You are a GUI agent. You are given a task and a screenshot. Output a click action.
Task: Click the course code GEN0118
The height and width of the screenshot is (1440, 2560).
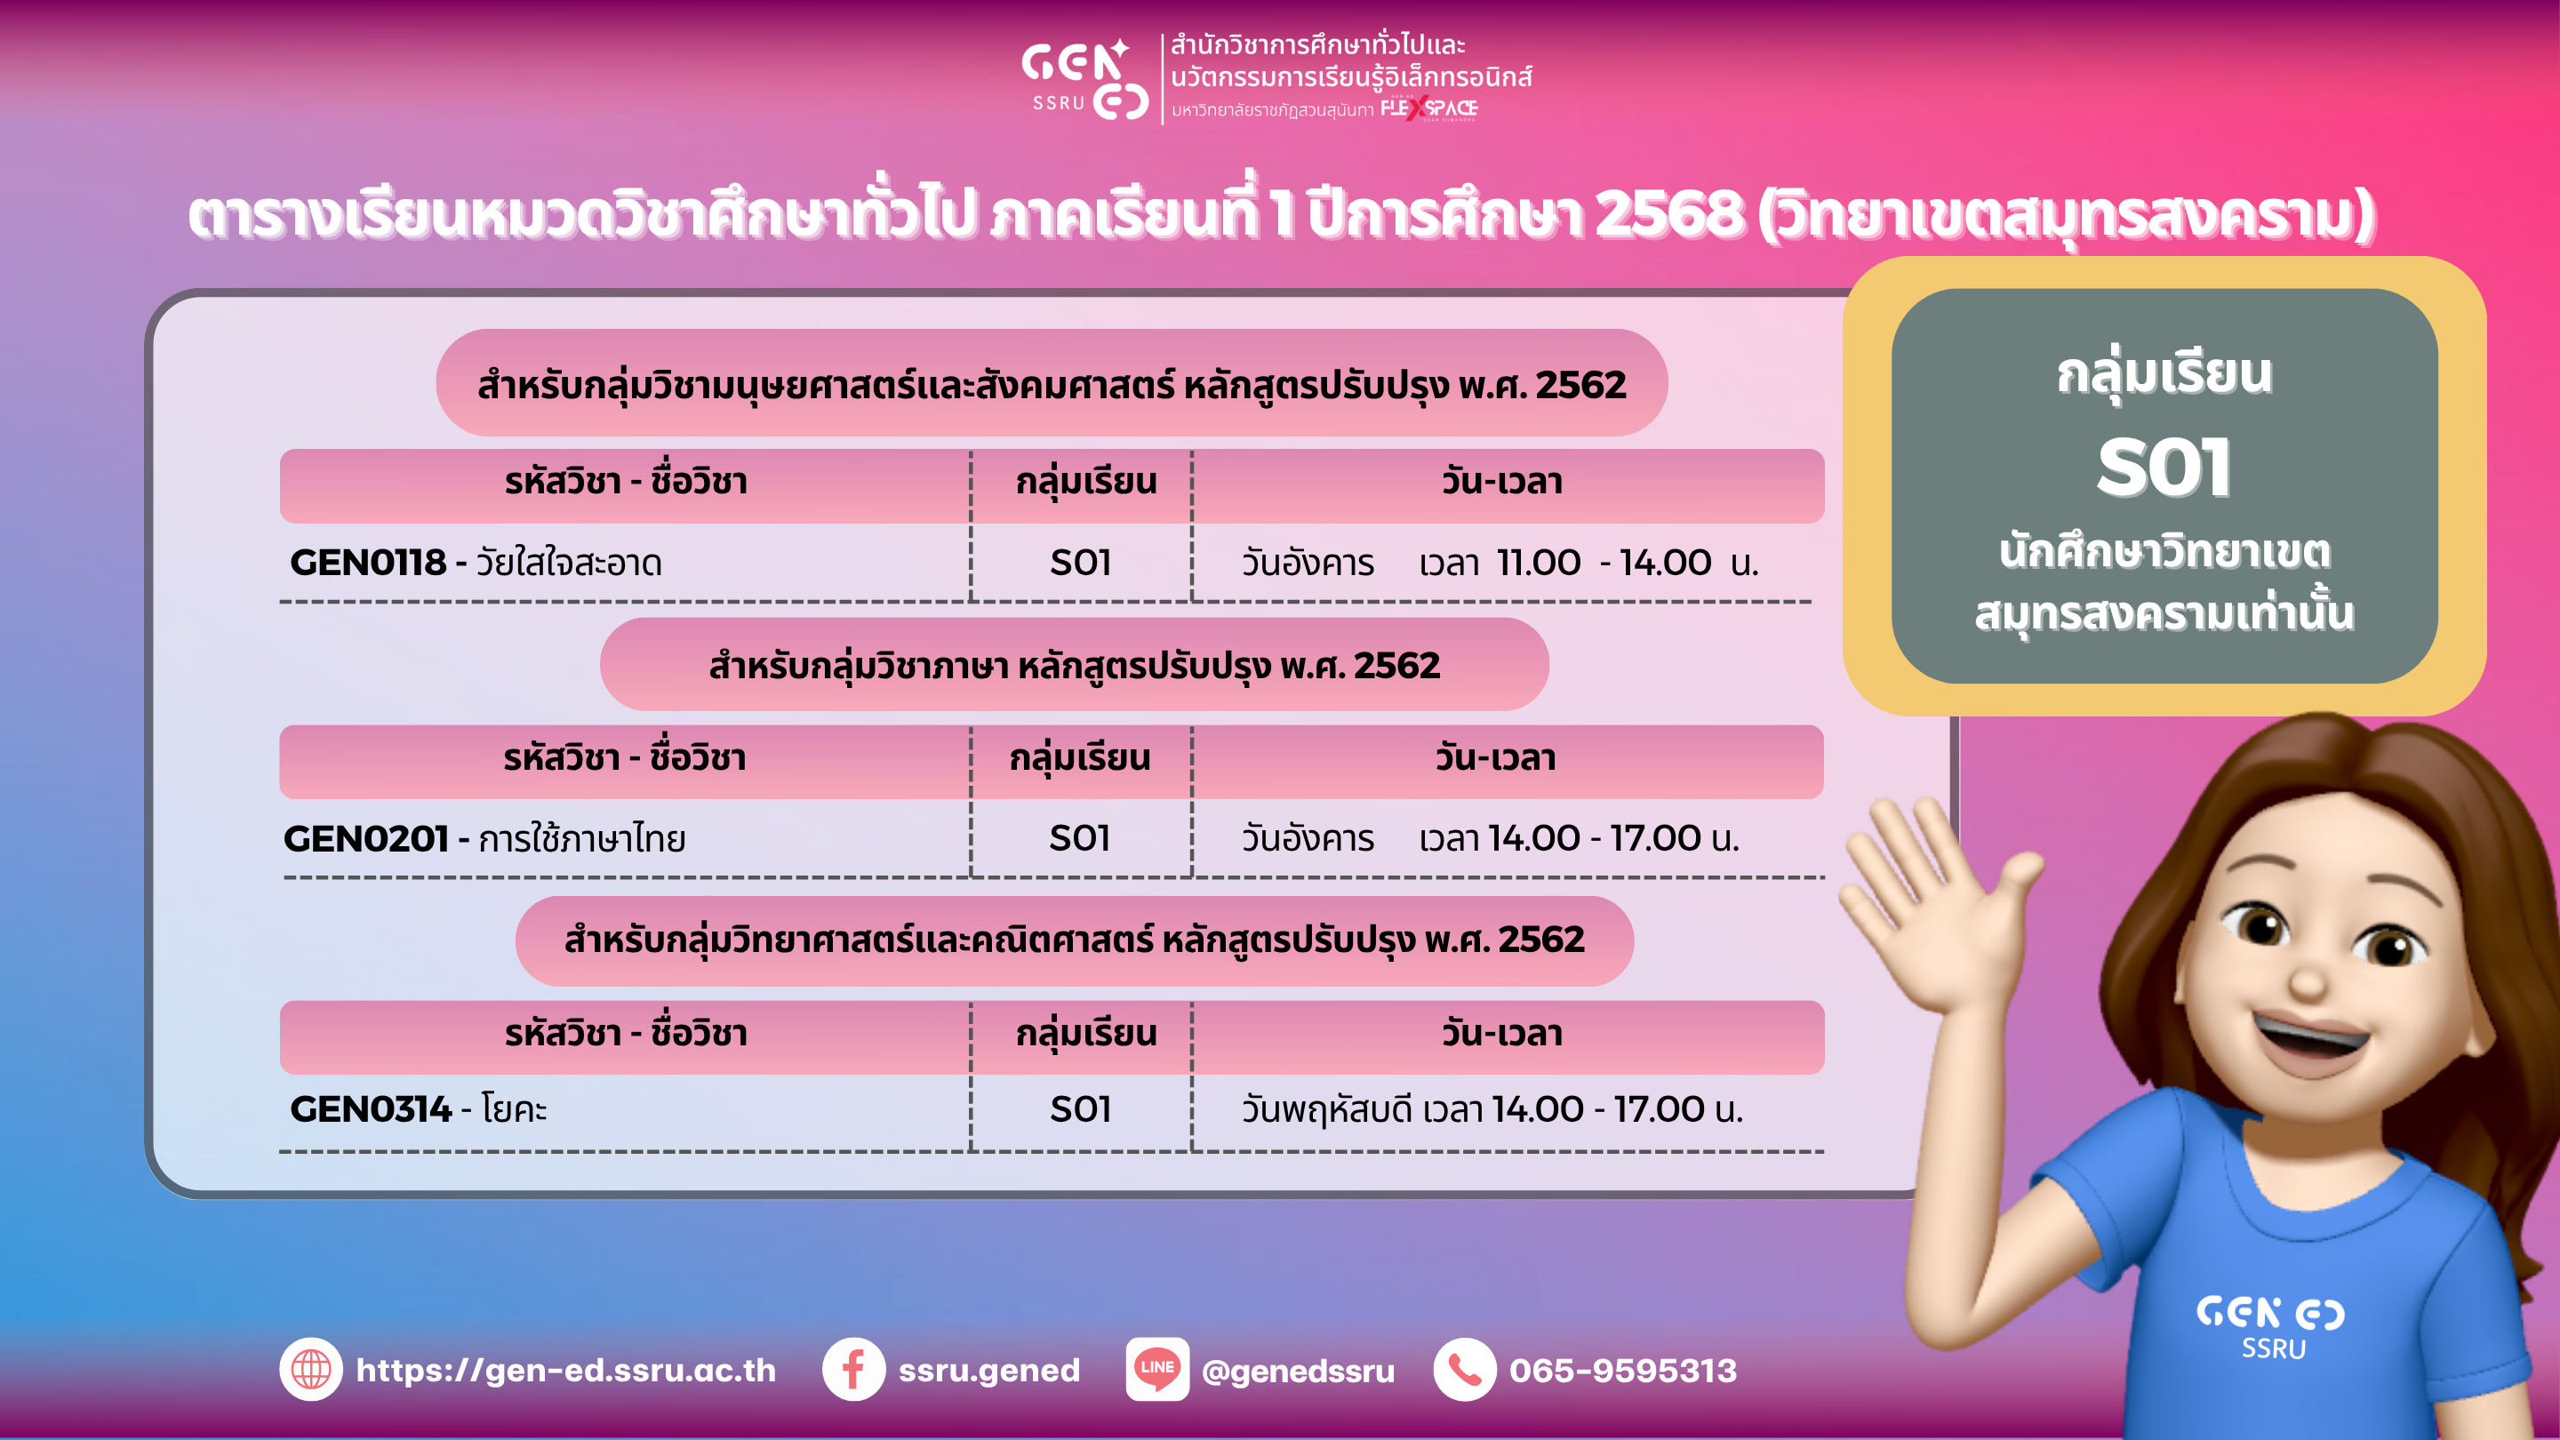pos(368,563)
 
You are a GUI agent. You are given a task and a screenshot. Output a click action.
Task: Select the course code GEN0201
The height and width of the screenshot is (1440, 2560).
pos(365,839)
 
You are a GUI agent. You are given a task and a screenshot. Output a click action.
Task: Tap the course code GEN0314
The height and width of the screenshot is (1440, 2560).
pos(371,1109)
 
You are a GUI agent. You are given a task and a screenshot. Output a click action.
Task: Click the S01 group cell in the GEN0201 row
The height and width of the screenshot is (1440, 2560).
pos(1080,839)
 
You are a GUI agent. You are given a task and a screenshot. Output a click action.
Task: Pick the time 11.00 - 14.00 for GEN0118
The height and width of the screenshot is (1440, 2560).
pos(1604,563)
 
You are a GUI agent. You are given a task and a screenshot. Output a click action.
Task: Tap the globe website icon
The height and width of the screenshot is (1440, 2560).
pos(311,1370)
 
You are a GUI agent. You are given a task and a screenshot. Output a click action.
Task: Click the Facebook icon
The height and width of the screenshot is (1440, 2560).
pos(853,1370)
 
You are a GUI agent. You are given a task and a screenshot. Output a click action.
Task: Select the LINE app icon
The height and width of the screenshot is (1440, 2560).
pos(1157,1370)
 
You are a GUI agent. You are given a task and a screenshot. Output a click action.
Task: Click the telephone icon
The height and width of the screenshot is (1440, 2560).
pos(1465,1370)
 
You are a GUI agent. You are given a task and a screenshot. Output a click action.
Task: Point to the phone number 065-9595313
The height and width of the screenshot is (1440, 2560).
pos(1623,1371)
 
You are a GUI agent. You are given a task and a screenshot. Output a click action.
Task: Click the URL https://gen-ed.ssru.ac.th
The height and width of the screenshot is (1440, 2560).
pos(565,1371)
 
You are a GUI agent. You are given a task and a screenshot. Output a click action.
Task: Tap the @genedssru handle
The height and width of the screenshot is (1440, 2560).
pos(1298,1372)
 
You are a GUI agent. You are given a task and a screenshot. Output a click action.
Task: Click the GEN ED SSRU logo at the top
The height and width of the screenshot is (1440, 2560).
pos(1085,79)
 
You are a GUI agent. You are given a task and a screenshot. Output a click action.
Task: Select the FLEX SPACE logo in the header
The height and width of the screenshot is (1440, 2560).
pos(1429,108)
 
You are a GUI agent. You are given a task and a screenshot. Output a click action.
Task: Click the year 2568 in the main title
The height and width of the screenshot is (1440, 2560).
pos(1668,214)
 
